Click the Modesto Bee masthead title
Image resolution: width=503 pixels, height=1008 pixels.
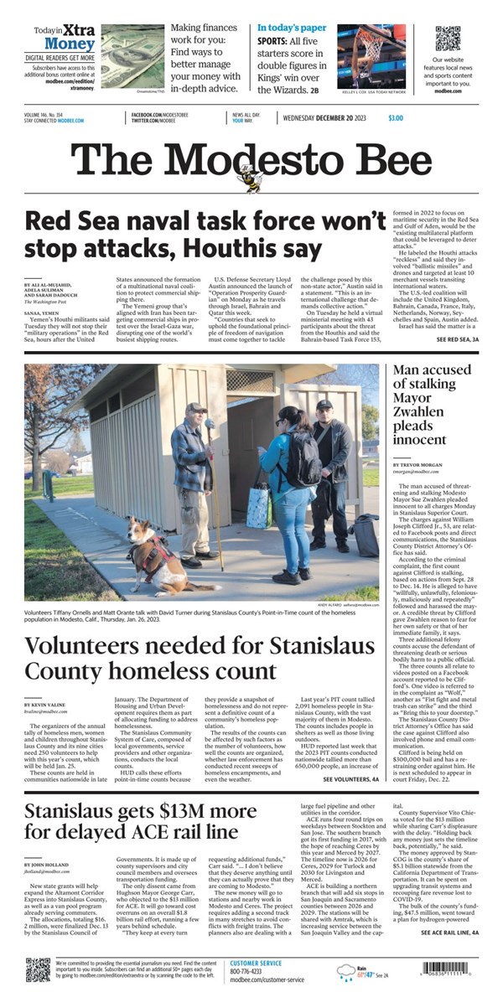pyautogui.click(x=251, y=159)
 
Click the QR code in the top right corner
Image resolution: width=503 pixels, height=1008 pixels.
pyautogui.click(x=448, y=39)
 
